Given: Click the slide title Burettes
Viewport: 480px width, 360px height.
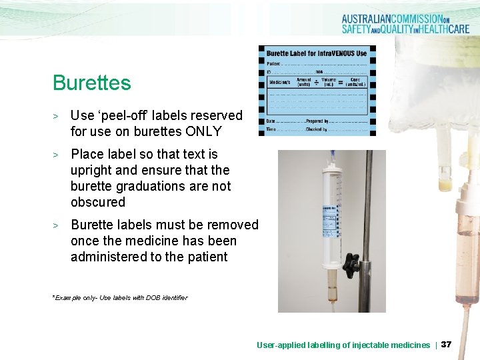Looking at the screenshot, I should tap(92, 83).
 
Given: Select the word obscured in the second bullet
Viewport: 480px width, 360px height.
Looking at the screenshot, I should tap(98, 201).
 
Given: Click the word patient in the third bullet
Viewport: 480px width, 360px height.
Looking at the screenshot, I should tap(205, 257).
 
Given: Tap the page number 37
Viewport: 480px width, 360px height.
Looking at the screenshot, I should tap(446, 345).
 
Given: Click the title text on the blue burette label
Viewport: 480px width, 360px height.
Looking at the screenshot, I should tap(317, 53).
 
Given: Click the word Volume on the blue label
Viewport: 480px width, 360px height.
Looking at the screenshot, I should tap(328, 81).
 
